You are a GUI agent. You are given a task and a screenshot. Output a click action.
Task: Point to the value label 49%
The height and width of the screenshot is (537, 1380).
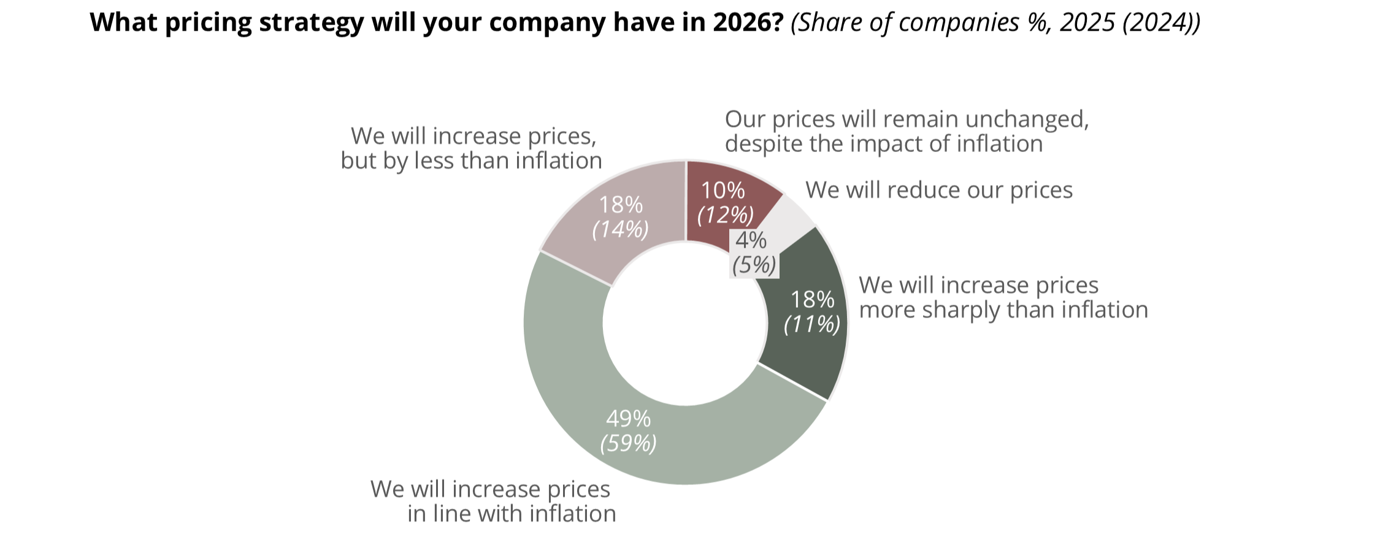(628, 419)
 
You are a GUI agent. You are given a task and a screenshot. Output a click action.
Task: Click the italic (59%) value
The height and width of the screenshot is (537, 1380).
(628, 443)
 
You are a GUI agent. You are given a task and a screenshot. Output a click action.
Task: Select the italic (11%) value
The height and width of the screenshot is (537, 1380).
(812, 324)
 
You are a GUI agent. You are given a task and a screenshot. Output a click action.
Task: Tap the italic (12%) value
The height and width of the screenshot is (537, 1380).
(725, 215)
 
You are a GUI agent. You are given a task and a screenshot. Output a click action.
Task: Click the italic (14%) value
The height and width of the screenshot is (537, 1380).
(620, 229)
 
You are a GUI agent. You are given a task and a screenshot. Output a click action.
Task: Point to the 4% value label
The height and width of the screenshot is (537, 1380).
(751, 240)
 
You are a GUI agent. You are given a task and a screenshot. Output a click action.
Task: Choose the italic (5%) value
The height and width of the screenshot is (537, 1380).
(754, 265)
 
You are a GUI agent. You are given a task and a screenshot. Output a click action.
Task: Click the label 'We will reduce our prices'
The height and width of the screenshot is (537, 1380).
(938, 190)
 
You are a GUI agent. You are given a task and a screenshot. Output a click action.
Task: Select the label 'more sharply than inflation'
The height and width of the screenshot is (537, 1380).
(1003, 310)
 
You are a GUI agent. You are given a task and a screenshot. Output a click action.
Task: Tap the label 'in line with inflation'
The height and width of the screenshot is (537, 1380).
(512, 514)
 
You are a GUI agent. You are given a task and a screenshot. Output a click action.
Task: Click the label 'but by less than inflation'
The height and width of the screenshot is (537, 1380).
(471, 161)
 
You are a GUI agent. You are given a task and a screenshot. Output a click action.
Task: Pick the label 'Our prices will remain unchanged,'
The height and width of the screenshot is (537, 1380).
(907, 119)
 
